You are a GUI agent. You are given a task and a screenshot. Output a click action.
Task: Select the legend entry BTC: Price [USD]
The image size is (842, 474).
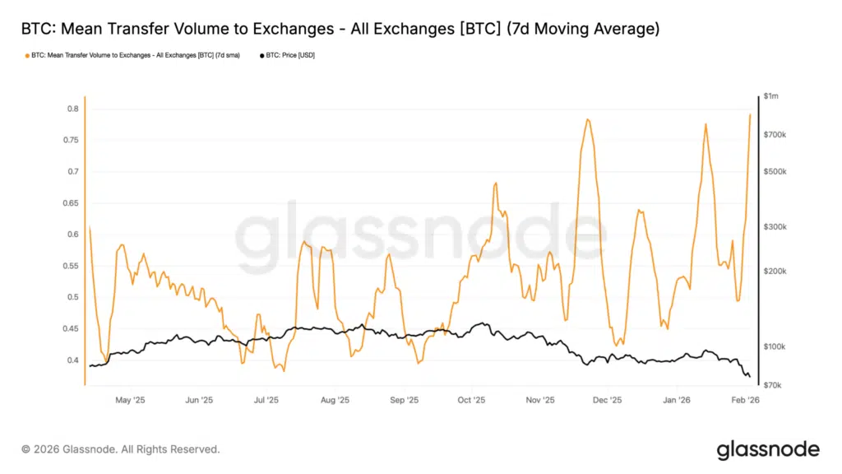pyautogui.click(x=288, y=55)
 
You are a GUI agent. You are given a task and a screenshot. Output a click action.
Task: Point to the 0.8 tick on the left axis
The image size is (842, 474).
pyautogui.click(x=72, y=109)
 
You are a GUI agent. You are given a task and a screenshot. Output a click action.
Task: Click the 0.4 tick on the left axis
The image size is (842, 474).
pyautogui.click(x=72, y=360)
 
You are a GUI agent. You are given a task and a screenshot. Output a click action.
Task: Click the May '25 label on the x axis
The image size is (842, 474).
pyautogui.click(x=130, y=400)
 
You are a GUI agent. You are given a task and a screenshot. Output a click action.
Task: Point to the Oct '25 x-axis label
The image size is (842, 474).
pyautogui.click(x=471, y=400)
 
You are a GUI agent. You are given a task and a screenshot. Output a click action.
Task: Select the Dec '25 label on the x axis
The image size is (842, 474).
pyautogui.click(x=607, y=400)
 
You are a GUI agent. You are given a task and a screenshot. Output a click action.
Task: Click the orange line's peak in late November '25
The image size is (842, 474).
pyautogui.click(x=588, y=119)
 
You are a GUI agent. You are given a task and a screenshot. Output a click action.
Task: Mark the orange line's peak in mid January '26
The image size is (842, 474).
pyautogui.click(x=706, y=123)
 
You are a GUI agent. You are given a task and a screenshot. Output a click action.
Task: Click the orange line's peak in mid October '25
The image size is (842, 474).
pyautogui.click(x=496, y=183)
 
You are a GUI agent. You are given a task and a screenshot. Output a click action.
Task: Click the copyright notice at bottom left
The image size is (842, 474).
pyautogui.click(x=120, y=449)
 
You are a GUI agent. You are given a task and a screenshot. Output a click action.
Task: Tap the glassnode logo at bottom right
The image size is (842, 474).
pyautogui.click(x=767, y=449)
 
